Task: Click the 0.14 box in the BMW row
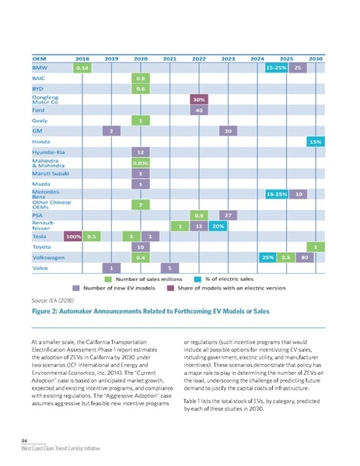tap(82, 68)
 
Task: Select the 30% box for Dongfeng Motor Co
tap(198, 100)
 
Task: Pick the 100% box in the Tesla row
tap(74, 236)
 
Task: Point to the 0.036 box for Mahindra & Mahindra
tap(141, 163)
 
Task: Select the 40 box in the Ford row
tap(198, 110)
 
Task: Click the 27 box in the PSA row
tap(228, 215)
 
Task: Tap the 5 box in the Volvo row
tap(170, 268)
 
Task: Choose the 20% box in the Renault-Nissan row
tap(218, 226)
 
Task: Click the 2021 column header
tap(170, 58)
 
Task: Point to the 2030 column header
tap(315, 58)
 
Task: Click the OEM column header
tap(40, 58)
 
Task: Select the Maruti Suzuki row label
tap(50, 173)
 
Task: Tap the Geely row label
tap(40, 121)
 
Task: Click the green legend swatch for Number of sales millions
tap(110, 278)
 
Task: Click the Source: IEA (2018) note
tap(52, 297)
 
